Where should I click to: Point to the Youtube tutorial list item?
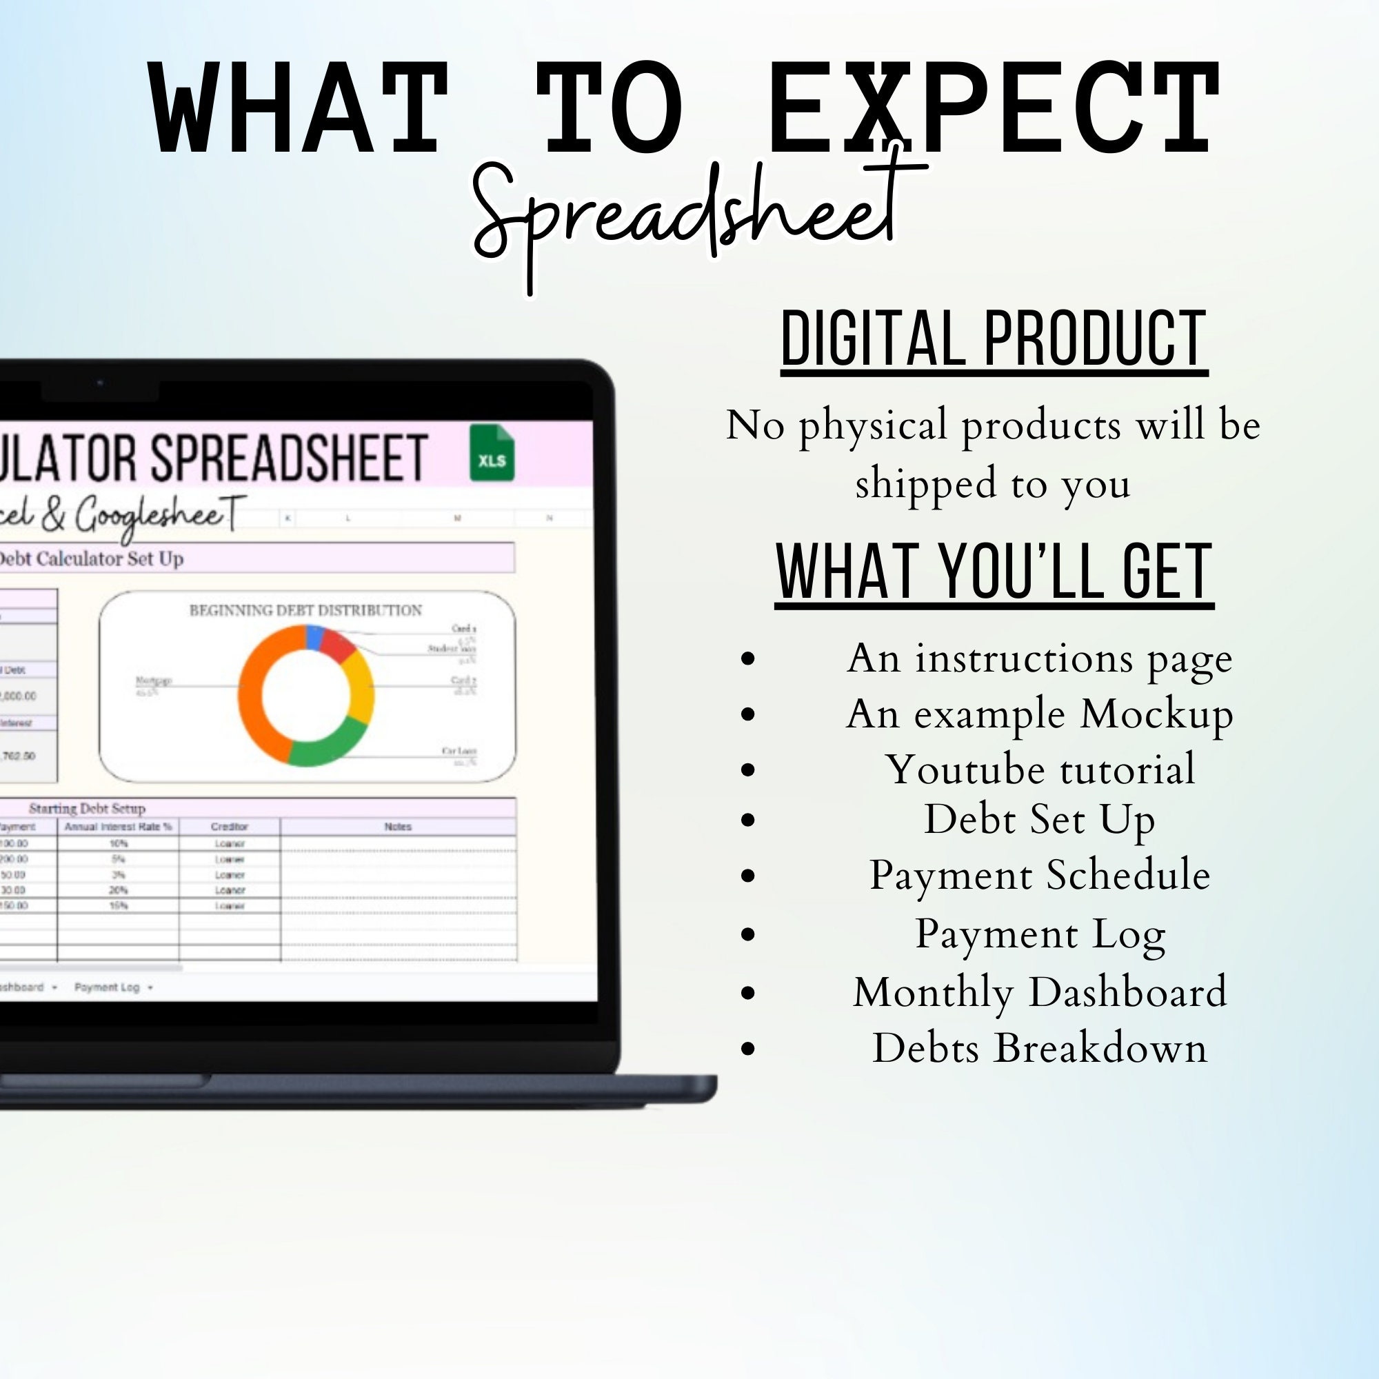click(x=1040, y=769)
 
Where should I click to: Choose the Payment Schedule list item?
click(x=1040, y=875)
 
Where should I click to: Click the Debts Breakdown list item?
click(x=1040, y=1048)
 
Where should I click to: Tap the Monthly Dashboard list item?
click(x=1040, y=992)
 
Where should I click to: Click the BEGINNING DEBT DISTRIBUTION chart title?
click(x=305, y=610)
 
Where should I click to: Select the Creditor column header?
click(x=229, y=827)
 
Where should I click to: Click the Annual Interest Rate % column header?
click(x=118, y=827)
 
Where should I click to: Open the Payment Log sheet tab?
click(x=107, y=987)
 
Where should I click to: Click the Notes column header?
click(x=398, y=827)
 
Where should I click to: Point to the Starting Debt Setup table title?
click(x=87, y=808)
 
